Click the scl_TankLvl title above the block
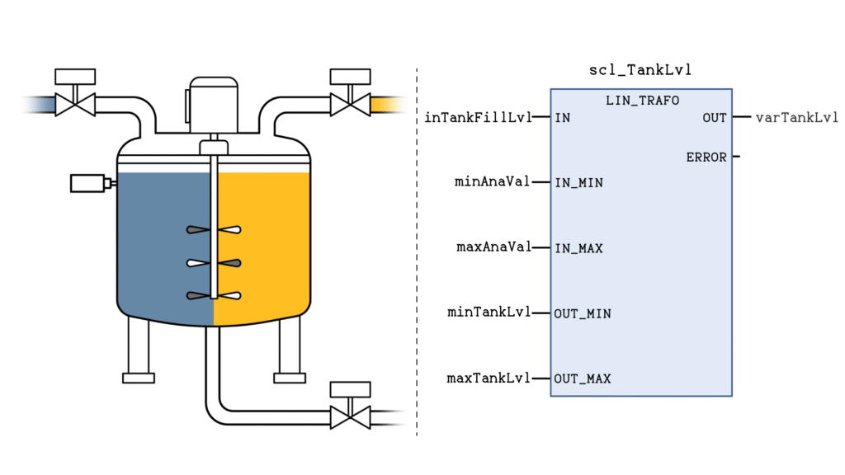coord(640,70)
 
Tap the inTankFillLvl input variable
coord(478,117)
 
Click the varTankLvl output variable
coord(797,117)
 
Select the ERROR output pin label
coord(706,157)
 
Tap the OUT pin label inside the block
coord(715,118)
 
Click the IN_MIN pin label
coord(578,182)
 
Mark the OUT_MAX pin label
coord(583,379)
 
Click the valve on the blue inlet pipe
coord(75,104)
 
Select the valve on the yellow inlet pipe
coord(350,104)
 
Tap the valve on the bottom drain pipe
coord(350,416)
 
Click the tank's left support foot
coord(138,377)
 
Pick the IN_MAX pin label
coord(578,248)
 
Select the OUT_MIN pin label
coord(583,313)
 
